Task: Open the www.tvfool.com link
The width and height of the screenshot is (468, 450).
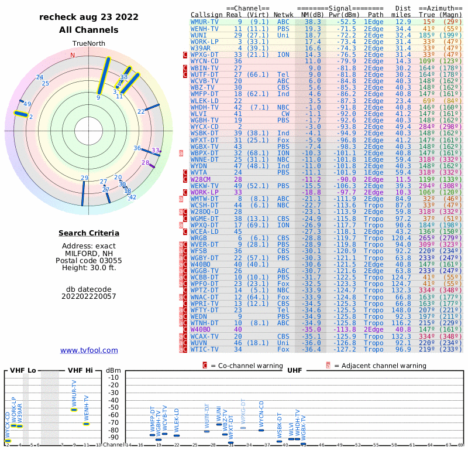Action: click(x=89, y=350)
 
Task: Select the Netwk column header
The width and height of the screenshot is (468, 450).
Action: click(x=284, y=14)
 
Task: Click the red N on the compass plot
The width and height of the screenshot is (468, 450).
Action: click(x=73, y=56)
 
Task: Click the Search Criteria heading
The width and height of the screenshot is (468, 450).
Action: click(x=89, y=233)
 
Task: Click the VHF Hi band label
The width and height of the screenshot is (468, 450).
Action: click(x=81, y=370)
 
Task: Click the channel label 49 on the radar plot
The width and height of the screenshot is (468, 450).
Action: click(x=27, y=104)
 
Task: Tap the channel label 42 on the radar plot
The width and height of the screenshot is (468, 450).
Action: click(x=133, y=197)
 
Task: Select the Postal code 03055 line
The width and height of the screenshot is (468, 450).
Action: click(x=89, y=260)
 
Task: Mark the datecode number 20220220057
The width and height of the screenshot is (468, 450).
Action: click(x=89, y=296)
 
